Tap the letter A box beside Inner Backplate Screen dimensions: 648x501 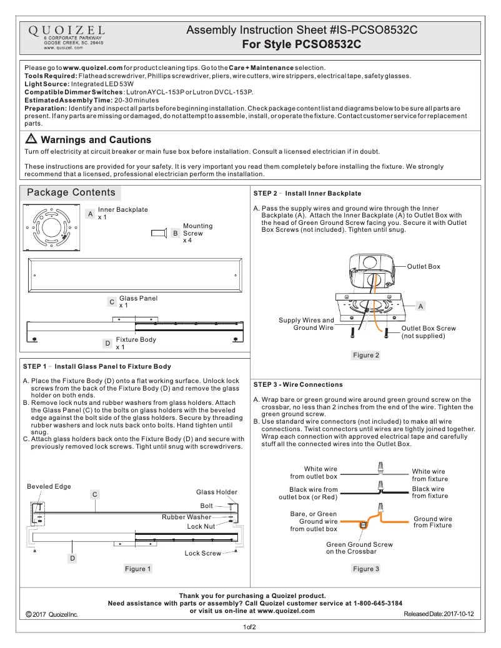pyautogui.click(x=91, y=214)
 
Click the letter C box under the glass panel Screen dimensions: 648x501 pyautogui.click(x=111, y=302)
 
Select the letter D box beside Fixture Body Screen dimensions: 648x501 pyautogui.click(x=107, y=343)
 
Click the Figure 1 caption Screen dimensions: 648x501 pyautogui.click(x=138, y=569)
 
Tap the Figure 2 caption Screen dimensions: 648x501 pyautogui.click(x=366, y=355)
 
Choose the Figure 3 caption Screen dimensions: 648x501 pyautogui.click(x=366, y=569)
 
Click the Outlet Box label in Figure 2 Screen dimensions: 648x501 pyautogui.click(x=424, y=266)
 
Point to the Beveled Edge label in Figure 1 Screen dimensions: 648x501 pyautogui.click(x=49, y=486)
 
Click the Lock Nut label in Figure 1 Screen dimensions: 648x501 pyautogui.click(x=201, y=526)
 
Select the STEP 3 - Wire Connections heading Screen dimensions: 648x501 pyautogui.click(x=298, y=384)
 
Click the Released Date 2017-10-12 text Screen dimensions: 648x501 pyautogui.click(x=439, y=614)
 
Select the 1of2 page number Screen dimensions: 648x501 pyautogui.click(x=250, y=627)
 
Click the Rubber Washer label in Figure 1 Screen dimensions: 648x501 pyautogui.click(x=187, y=517)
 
